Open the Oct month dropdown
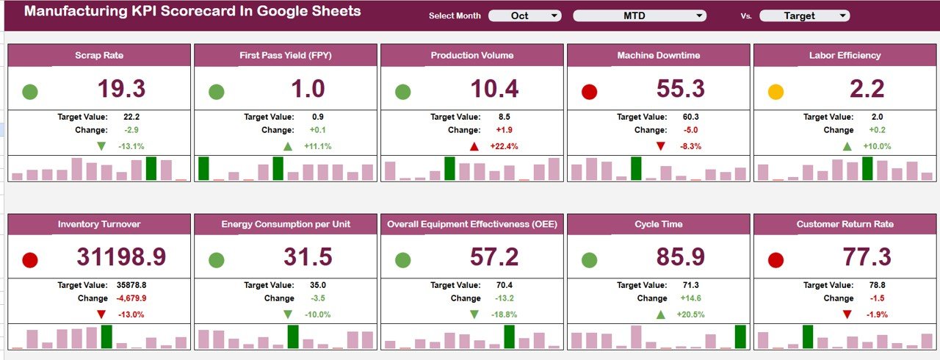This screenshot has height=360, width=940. click(524, 15)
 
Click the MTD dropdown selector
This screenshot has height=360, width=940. click(639, 15)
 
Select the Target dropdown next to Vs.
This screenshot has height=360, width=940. click(804, 15)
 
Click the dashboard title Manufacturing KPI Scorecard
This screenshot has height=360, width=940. click(192, 12)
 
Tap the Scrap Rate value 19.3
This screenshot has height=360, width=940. click(122, 89)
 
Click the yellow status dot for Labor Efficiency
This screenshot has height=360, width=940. click(775, 92)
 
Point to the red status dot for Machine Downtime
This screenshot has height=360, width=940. click(589, 92)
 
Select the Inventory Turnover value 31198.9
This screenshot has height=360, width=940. click(121, 257)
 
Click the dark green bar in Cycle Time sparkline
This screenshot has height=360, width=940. click(740, 336)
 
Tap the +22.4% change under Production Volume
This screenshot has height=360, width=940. click(503, 146)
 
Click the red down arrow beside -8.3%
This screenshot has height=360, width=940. click(660, 146)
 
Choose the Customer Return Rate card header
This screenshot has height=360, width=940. click(845, 224)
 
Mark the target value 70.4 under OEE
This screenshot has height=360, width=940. click(505, 285)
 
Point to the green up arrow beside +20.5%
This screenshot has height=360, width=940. click(660, 314)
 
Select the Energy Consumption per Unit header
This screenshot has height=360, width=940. click(285, 224)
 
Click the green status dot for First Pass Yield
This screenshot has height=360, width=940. click(216, 92)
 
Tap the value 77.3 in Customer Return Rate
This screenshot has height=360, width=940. click(867, 257)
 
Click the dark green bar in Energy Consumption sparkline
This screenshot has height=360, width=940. click(293, 336)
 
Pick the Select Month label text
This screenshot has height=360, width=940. click(455, 16)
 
